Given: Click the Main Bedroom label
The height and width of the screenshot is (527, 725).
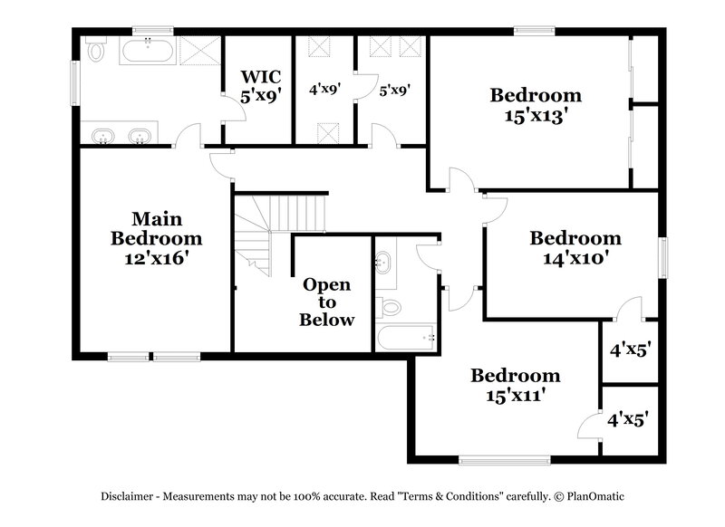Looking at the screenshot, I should point(156,228).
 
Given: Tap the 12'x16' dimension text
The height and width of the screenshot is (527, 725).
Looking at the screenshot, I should point(156,257).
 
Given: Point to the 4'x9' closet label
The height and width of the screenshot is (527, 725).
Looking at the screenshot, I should point(324,91).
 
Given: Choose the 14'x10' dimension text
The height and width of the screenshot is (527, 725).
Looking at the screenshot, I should point(575,257).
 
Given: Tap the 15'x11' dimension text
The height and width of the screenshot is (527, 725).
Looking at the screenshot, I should point(515,394).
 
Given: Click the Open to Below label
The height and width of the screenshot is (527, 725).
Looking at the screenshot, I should point(327,302).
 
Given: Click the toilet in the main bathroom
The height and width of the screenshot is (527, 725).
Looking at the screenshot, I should point(96,48).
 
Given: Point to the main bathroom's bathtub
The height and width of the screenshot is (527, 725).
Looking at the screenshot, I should point(147,50).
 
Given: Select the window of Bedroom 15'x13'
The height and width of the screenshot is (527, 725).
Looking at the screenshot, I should point(535,32).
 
